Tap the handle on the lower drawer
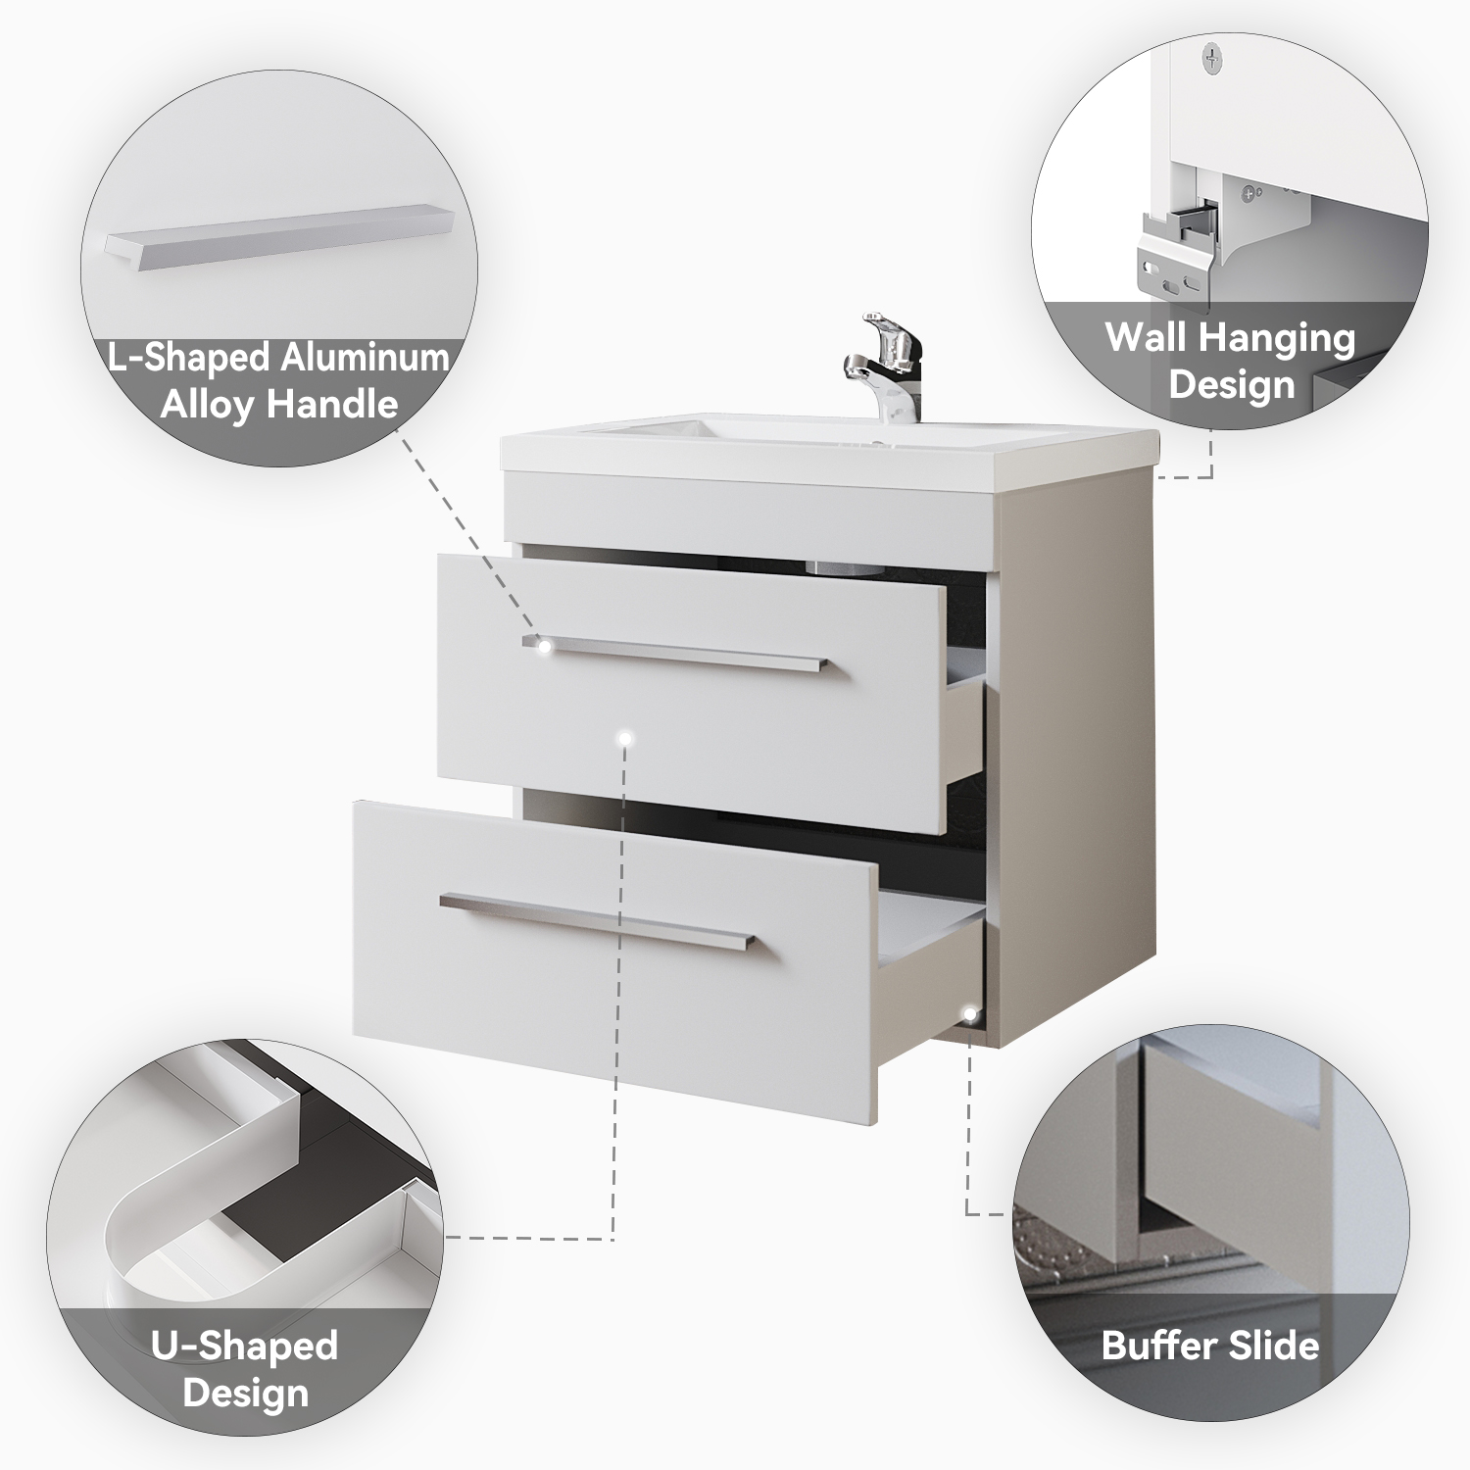tap(598, 921)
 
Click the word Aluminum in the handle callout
tap(365, 358)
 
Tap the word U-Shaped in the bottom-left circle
tap(244, 1347)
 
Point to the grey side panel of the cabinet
tap(1078, 764)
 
